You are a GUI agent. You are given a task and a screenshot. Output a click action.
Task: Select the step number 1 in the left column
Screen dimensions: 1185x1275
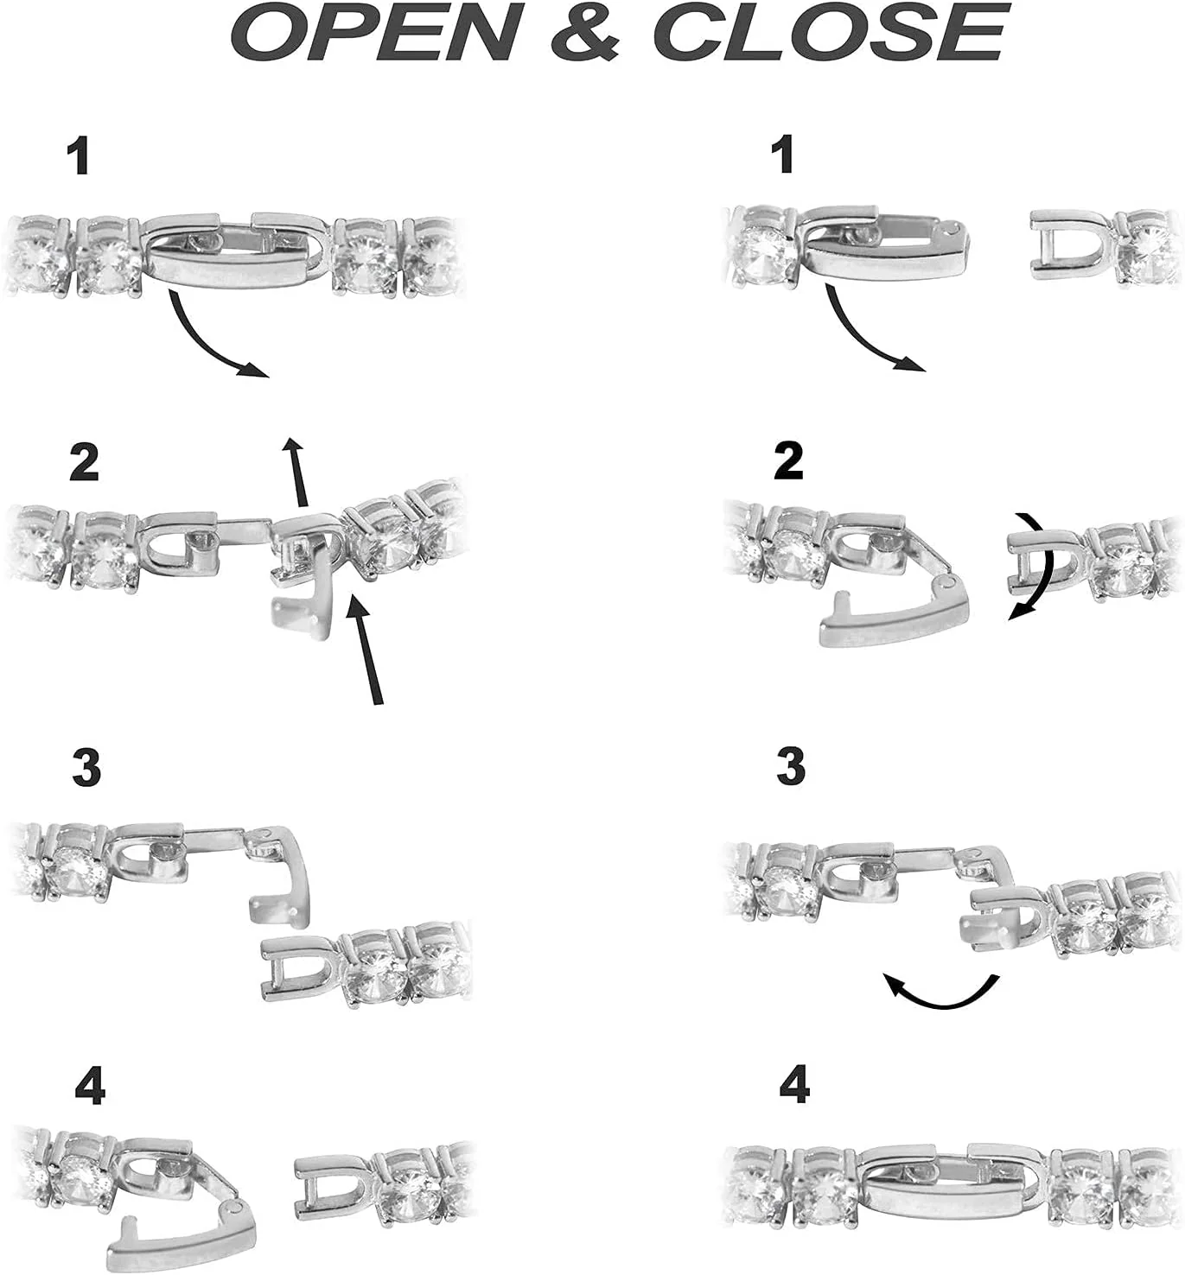tap(79, 157)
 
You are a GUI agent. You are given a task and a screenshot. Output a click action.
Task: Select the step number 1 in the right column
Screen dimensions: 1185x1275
tap(784, 156)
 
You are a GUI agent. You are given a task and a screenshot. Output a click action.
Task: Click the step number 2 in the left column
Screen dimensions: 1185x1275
tap(84, 464)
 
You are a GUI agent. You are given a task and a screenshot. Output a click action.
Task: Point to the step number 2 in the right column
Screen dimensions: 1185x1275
tap(788, 462)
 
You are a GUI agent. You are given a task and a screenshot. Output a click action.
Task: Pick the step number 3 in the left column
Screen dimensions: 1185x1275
tap(86, 768)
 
